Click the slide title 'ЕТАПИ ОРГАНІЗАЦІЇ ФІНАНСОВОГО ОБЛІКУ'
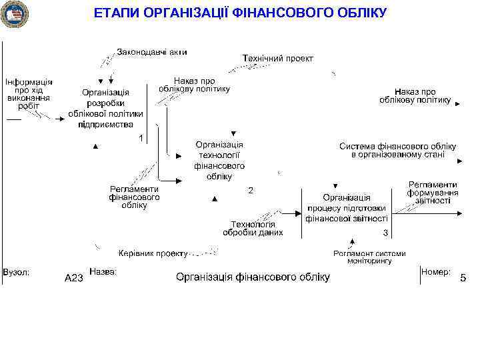tap(240, 13)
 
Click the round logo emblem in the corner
tap(15, 15)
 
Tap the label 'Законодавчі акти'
tap(152, 51)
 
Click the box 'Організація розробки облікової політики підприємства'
tap(105, 108)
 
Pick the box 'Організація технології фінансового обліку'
tap(219, 160)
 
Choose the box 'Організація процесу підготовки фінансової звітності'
tap(347, 207)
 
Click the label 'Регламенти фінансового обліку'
tap(135, 197)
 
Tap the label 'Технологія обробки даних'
tap(253, 228)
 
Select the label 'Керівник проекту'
tap(153, 253)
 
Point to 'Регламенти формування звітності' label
tap(433, 192)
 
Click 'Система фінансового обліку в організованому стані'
tap(397, 151)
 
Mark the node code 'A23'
tap(73, 278)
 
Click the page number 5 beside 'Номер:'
tap(463, 278)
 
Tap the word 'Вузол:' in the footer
tap(16, 272)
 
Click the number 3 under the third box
tap(385, 233)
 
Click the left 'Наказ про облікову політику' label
tap(195, 84)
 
